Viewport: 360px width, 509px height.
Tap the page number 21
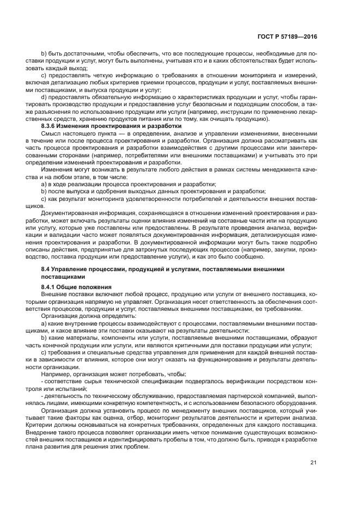pyautogui.click(x=313, y=463)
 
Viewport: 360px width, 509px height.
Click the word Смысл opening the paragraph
pyautogui.click(x=52, y=133)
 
